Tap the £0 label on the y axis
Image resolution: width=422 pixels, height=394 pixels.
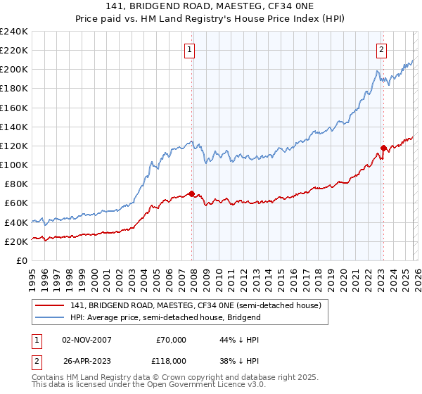[x=23, y=260]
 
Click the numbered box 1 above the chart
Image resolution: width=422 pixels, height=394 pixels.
[x=191, y=49]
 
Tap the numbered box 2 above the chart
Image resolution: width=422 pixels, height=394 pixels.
[x=381, y=49]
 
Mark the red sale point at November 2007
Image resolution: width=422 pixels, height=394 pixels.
[x=191, y=194]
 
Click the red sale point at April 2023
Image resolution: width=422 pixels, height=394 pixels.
[x=383, y=148]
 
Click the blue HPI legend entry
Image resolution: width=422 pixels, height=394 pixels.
[x=165, y=317]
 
